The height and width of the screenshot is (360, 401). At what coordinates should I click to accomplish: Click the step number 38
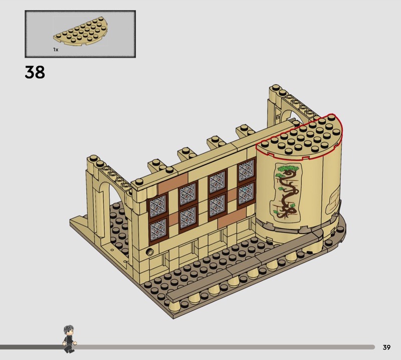point(35,72)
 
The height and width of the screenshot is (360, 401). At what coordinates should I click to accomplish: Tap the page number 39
point(386,347)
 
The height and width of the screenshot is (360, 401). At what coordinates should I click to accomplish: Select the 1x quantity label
point(56,49)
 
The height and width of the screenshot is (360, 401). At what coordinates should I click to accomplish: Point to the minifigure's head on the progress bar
point(69,330)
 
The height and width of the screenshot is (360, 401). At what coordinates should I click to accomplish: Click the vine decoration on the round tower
point(288,192)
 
